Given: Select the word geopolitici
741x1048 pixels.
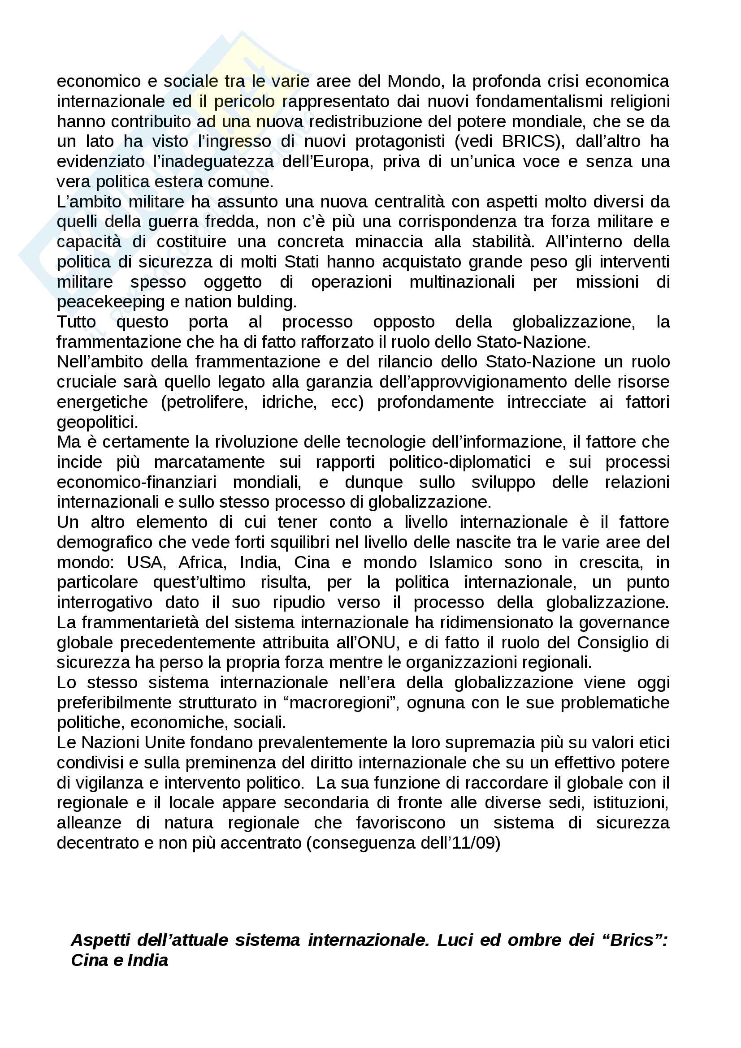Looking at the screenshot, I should tap(97, 422).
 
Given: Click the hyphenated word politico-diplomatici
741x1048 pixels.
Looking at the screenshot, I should tap(459, 462).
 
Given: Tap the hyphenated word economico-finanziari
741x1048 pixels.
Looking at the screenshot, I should tap(137, 482).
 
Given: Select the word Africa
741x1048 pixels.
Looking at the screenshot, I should tap(202, 562).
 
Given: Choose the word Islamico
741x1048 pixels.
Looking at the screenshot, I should tap(460, 562).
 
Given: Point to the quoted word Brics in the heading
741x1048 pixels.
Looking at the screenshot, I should tap(632, 940).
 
